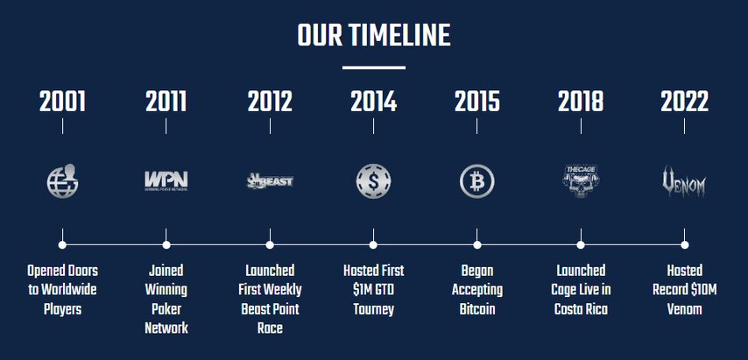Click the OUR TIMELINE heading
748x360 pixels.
pyautogui.click(x=373, y=36)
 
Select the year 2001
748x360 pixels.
pyautogui.click(x=62, y=102)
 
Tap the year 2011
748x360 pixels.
pyautogui.click(x=166, y=102)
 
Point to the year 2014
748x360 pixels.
pyautogui.click(x=373, y=102)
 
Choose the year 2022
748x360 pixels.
pyautogui.click(x=685, y=102)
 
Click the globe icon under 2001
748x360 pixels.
pyautogui.click(x=62, y=181)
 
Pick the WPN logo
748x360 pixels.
pyautogui.click(x=166, y=181)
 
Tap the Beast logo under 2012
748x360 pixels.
pyautogui.click(x=270, y=181)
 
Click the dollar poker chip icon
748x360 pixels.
pyautogui.click(x=373, y=181)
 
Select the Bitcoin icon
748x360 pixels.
pyautogui.click(x=477, y=181)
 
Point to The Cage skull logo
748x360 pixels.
pyautogui.click(x=581, y=181)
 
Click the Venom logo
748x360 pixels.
pyautogui.click(x=685, y=181)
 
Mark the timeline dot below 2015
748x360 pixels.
pyautogui.click(x=477, y=245)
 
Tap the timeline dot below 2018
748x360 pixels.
pyautogui.click(x=581, y=245)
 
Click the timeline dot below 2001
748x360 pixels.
pyautogui.click(x=62, y=245)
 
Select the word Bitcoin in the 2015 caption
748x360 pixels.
pyautogui.click(x=477, y=309)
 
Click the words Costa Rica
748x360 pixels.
pyautogui.click(x=581, y=309)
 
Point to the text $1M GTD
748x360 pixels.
pyautogui.click(x=373, y=290)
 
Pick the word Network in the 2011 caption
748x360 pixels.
pyautogui.click(x=166, y=328)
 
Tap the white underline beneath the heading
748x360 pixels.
pyautogui.click(x=373, y=67)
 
